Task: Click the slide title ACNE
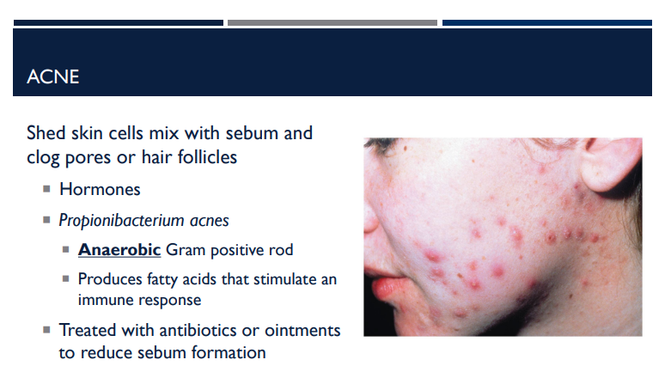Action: tap(53, 77)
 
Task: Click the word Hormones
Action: tap(100, 189)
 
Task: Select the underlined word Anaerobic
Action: tap(119, 251)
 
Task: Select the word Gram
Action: tap(186, 251)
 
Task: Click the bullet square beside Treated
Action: tap(46, 331)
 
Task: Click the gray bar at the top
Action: tap(332, 22)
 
